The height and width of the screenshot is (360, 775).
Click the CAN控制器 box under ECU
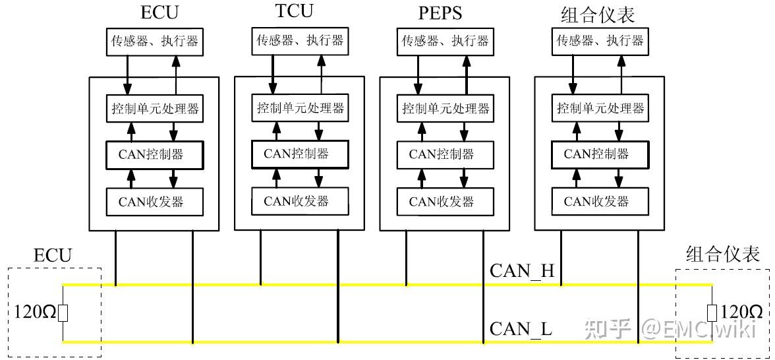pyautogui.click(x=155, y=155)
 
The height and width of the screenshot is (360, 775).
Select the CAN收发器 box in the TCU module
pyautogui.click(x=300, y=201)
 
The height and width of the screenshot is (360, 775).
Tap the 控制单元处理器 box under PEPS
pyautogui.click(x=445, y=108)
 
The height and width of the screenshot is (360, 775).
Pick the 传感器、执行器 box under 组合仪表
pyautogui.click(x=600, y=41)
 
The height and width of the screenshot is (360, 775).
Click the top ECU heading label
pyautogui.click(x=159, y=13)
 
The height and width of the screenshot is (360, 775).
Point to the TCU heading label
pyautogui.click(x=294, y=11)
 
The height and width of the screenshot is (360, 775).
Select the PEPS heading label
pyautogui.click(x=440, y=13)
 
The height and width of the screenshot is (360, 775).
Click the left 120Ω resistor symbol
pyautogui.click(x=63, y=313)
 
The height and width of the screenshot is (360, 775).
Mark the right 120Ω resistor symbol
pyautogui.click(x=712, y=313)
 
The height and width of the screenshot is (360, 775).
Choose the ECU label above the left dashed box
pyautogui.click(x=53, y=256)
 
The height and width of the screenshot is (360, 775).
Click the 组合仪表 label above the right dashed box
pyautogui.click(x=722, y=255)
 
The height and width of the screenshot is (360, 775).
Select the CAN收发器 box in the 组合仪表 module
pyautogui.click(x=600, y=201)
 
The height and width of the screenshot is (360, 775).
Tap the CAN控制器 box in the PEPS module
pyautogui.click(x=445, y=155)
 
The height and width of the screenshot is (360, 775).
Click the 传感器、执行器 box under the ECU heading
pyautogui.click(x=155, y=41)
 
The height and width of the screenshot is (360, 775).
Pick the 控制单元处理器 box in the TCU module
pyautogui.click(x=300, y=107)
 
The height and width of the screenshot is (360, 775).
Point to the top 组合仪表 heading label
pyautogui.click(x=598, y=15)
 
